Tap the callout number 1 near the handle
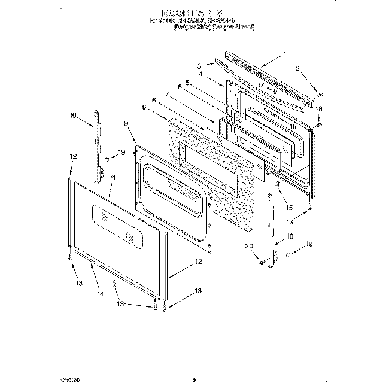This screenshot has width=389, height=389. (285, 54)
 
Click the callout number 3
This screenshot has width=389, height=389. (199, 66)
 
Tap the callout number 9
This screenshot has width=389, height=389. (126, 123)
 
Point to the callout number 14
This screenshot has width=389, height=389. (99, 294)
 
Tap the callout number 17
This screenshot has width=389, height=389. (261, 86)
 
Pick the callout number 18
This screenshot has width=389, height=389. (319, 108)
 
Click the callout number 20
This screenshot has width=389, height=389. (247, 245)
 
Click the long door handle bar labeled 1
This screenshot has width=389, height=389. (263, 81)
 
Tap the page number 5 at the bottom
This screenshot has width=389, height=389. (194, 362)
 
